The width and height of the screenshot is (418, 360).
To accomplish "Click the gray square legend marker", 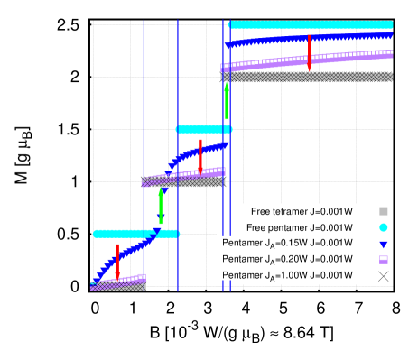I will [384, 211].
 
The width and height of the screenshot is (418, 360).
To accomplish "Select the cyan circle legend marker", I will [384, 227].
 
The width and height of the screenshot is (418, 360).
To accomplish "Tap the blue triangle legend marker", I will [384, 245].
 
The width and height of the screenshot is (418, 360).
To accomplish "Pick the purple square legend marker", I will [384, 260].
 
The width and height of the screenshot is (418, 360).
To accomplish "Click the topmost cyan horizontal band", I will [311, 25].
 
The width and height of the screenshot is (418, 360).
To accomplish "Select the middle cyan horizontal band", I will [203, 129].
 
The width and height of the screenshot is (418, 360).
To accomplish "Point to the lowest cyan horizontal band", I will [135, 234].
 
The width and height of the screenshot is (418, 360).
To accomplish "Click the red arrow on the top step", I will [310, 52].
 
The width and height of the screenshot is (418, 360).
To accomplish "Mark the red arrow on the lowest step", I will [117, 260].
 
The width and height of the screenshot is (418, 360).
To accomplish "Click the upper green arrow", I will [227, 101].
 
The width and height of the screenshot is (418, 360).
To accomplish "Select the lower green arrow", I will [161, 206].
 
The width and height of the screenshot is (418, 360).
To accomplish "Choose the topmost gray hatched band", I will [307, 78].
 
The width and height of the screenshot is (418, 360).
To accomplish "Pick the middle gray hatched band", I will [185, 182].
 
